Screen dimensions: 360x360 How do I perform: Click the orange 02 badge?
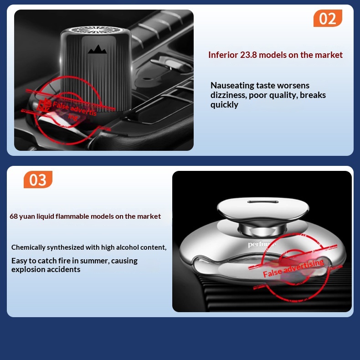pyautogui.click(x=328, y=18)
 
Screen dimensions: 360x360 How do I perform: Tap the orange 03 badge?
pyautogui.click(x=38, y=180)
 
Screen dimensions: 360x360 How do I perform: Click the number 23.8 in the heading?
pyautogui.click(x=248, y=55)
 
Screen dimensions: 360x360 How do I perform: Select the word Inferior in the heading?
pyautogui.click(x=223, y=55)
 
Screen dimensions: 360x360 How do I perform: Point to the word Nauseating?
pyautogui.click(x=232, y=86)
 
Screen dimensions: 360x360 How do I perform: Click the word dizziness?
pyautogui.click(x=228, y=95)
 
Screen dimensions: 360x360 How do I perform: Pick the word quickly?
pyautogui.click(x=224, y=105)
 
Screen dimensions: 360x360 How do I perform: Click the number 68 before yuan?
pyautogui.click(x=14, y=216)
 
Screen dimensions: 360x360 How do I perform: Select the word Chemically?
pyautogui.click(x=28, y=247)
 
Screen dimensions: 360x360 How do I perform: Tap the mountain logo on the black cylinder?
pyautogui.click(x=98, y=49)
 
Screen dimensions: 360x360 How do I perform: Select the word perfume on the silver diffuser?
pyautogui.click(x=262, y=244)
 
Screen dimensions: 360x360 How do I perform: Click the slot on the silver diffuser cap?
pyautogui.click(x=263, y=202)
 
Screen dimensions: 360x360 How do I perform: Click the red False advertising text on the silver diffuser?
pyautogui.click(x=293, y=268)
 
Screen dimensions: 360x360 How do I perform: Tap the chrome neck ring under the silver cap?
pyautogui.click(x=262, y=229)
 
